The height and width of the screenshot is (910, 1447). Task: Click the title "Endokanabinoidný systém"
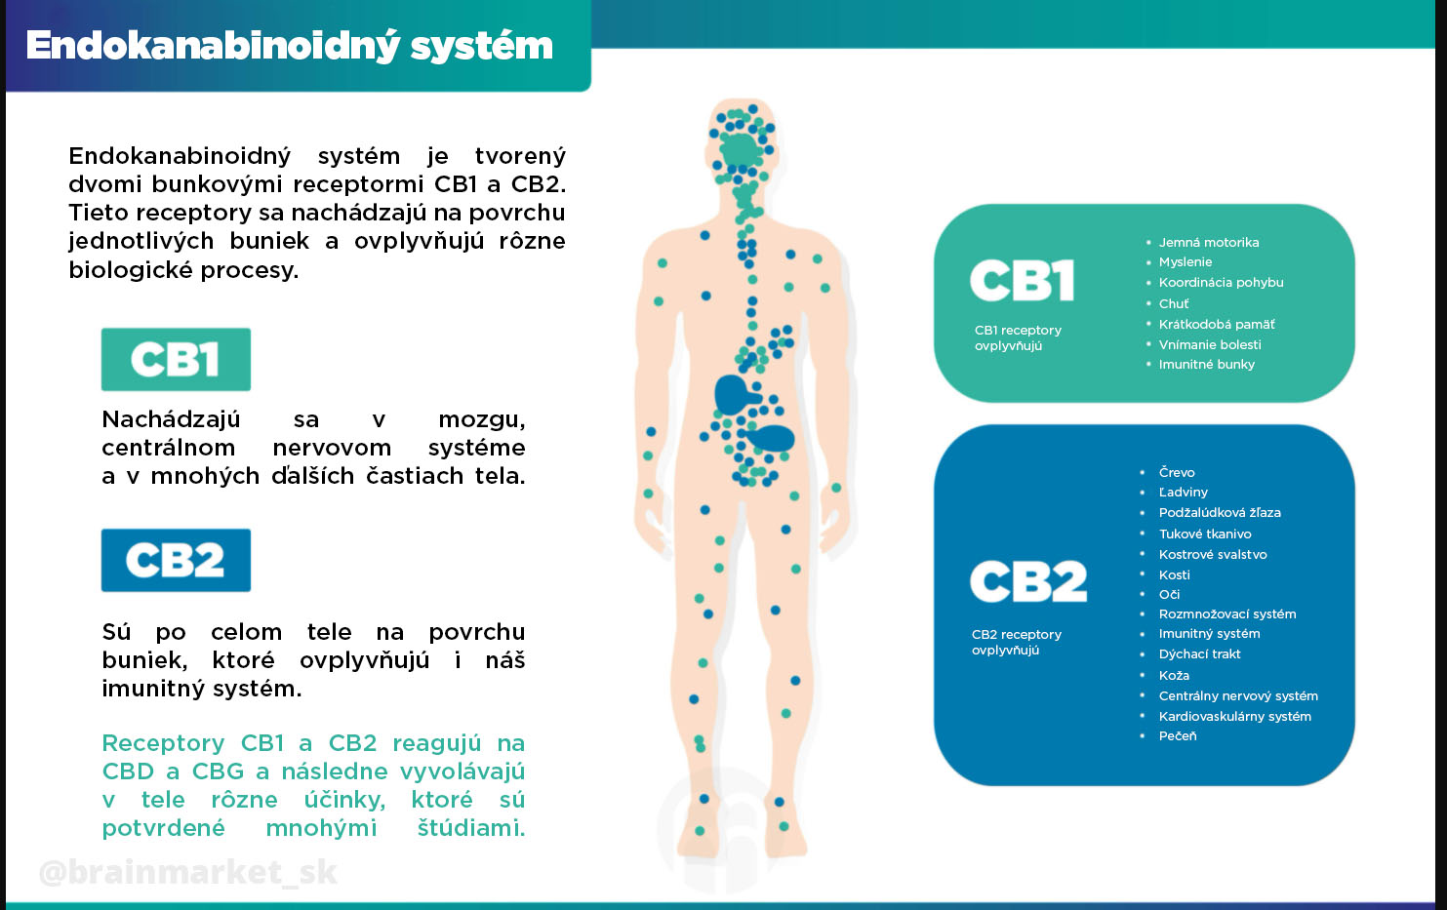pos(289,46)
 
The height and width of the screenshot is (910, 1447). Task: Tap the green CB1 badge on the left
pos(176,359)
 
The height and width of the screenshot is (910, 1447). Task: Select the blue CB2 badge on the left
pos(176,560)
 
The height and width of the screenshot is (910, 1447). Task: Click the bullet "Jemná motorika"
pos(1208,242)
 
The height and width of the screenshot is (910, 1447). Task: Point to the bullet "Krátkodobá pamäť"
pos(1216,324)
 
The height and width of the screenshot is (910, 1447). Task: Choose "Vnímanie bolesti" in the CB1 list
pos(1209,344)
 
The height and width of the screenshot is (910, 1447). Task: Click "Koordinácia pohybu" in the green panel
pos(1221,282)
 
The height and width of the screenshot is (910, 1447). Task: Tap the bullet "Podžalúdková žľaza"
pos(1219,512)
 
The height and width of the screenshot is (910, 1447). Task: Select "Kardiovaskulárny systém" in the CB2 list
pos(1234,716)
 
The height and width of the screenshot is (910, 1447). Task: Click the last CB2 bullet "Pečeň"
pos(1177,735)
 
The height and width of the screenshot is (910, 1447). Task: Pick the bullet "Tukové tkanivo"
pos(1204,534)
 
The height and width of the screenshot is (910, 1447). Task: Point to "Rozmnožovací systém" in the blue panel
pos(1226,613)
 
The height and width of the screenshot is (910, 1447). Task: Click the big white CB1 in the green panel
pos(1022,281)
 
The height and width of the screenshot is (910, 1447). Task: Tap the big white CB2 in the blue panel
pos(1027,581)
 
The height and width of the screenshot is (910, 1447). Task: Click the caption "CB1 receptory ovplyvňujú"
pos(1017,337)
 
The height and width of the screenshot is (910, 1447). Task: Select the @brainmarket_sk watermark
pos(187,871)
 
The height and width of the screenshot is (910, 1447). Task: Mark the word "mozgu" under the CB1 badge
pos(481,419)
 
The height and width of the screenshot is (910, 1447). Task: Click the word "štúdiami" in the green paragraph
pos(470,828)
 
